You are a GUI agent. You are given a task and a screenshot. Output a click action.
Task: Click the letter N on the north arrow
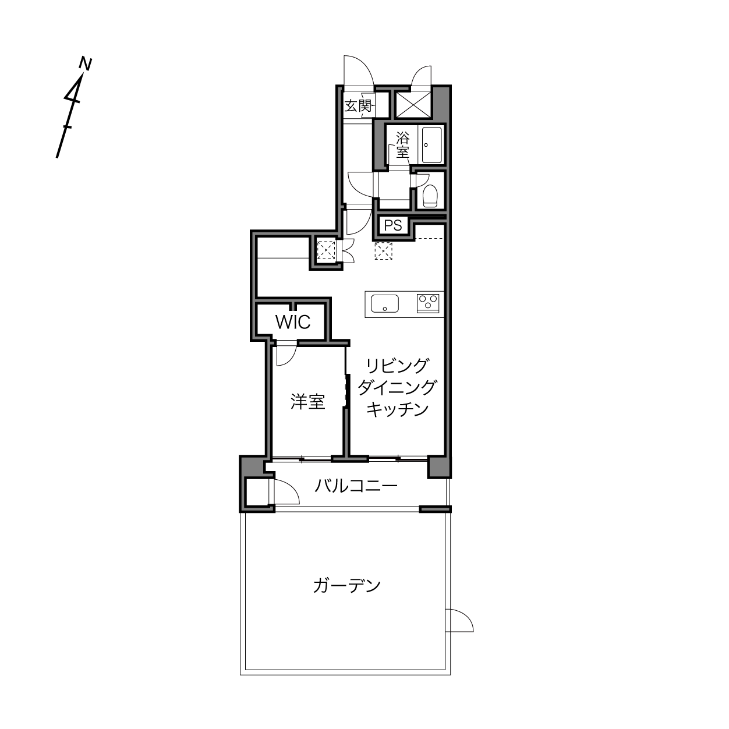click(86, 63)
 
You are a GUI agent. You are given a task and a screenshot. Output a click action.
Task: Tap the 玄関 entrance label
click(358, 106)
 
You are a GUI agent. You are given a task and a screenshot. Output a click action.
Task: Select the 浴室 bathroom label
click(402, 145)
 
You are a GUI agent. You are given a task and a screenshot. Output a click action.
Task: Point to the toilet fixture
click(430, 195)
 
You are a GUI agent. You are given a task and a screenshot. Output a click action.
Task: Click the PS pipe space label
click(393, 225)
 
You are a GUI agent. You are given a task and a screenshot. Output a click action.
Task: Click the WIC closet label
click(292, 322)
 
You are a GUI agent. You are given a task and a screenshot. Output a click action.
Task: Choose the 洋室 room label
click(307, 402)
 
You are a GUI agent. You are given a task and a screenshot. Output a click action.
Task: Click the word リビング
click(397, 366)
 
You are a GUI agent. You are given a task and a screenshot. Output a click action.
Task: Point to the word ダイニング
click(397, 387)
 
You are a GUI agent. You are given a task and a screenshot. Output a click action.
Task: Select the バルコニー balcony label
click(356, 486)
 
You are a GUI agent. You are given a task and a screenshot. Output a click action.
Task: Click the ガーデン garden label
click(346, 585)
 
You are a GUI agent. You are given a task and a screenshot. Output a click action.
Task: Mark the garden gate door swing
click(460, 621)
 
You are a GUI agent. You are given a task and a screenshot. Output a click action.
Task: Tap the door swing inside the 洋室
click(286, 355)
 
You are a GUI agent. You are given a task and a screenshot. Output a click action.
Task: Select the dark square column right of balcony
click(439, 467)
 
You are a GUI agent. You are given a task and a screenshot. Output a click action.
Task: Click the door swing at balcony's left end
click(285, 492)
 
